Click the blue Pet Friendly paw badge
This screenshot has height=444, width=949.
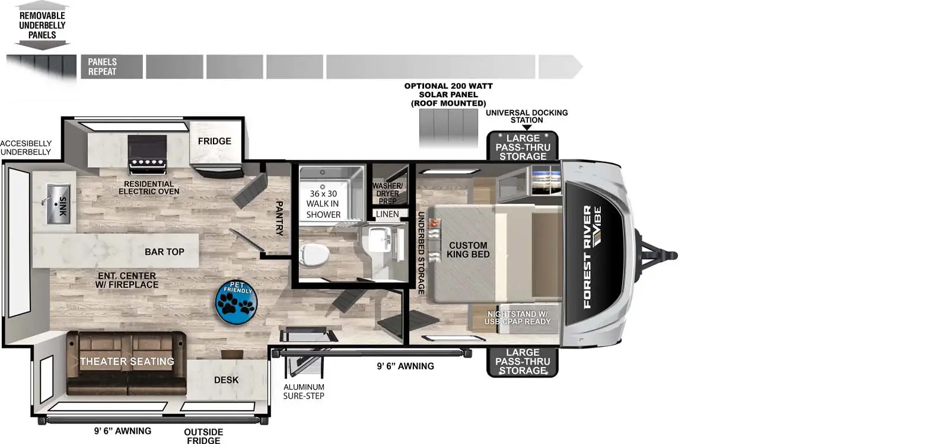(237, 302)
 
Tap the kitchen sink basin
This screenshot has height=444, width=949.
(58, 204)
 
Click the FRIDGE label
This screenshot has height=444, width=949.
(214, 141)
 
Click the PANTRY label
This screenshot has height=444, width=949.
(279, 218)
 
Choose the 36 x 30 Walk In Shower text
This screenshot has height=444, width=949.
(323, 204)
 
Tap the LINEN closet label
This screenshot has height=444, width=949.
(387, 214)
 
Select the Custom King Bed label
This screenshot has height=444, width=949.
(468, 250)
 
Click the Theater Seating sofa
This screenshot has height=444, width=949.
(126, 363)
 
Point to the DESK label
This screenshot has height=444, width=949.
(226, 380)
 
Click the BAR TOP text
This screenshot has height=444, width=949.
(164, 252)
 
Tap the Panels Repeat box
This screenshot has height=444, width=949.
(112, 66)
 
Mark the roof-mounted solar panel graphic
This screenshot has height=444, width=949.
(448, 127)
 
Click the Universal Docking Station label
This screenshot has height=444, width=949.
(527, 116)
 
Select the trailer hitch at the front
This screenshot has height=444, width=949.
(657, 255)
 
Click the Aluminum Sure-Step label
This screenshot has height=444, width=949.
(304, 391)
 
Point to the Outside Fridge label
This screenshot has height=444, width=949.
(203, 436)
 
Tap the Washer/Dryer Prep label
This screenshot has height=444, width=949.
(387, 193)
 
